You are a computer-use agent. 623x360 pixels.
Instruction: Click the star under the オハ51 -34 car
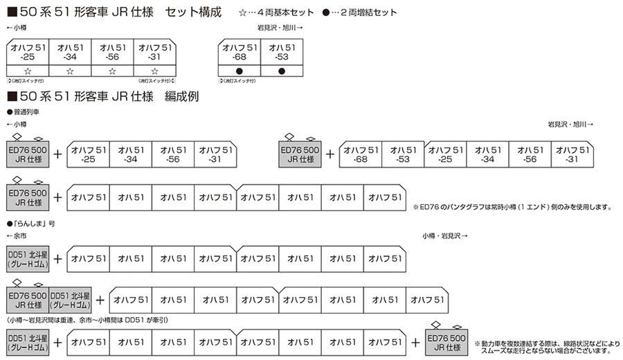[x=69, y=71]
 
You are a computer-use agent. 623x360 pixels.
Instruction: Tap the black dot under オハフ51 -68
[x=240, y=71]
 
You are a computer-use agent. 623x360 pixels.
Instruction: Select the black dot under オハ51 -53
[x=282, y=71]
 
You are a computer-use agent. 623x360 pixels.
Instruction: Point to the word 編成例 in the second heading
[x=181, y=96]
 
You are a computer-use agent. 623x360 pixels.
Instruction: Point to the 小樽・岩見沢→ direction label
[x=444, y=237]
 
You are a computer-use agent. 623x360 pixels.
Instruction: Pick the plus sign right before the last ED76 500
[x=415, y=341]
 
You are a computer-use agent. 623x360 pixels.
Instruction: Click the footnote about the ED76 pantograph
[x=512, y=206]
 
